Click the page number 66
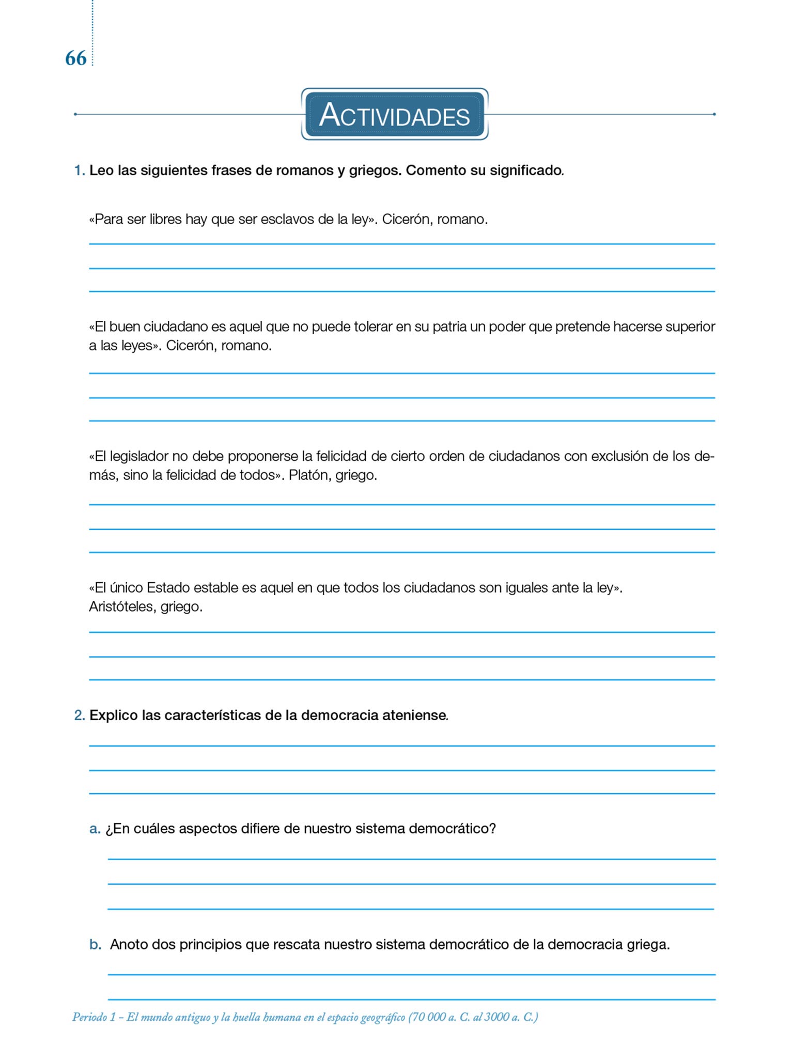point(75,58)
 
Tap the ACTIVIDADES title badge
point(394,114)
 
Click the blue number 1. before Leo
point(80,170)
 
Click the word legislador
point(138,456)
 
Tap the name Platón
point(307,475)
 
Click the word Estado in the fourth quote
point(169,588)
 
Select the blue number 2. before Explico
point(80,715)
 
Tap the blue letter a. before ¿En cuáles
point(95,829)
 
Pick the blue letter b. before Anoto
point(96,945)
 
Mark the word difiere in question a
point(260,829)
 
